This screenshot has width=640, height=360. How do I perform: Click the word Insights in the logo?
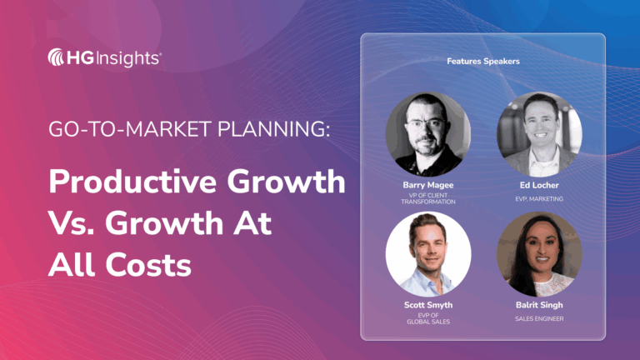[x=132, y=57]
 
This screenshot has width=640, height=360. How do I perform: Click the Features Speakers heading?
[x=482, y=61]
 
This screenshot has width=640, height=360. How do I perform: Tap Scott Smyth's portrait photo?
[x=427, y=253]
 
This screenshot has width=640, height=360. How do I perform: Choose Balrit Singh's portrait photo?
[x=538, y=253]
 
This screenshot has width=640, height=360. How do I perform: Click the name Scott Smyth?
[x=427, y=305]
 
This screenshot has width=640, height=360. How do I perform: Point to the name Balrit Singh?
[x=538, y=305]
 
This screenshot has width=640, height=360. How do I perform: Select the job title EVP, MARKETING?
[x=538, y=198]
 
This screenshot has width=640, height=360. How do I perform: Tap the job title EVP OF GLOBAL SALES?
[x=427, y=319]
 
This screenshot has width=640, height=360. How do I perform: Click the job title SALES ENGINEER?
[x=538, y=317]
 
